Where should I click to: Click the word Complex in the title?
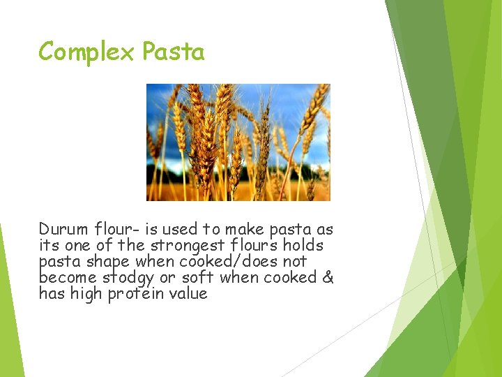point(87,52)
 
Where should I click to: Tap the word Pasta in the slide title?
point(173,52)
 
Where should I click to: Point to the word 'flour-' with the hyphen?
point(111,229)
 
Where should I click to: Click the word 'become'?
point(69,277)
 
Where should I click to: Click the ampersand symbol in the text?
point(328,277)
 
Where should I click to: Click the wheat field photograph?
point(238,142)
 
